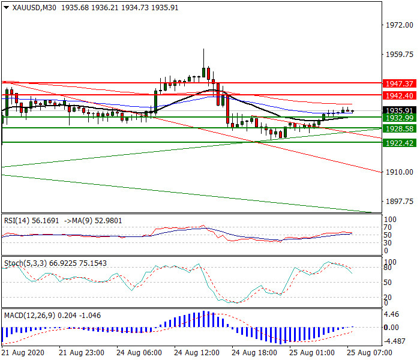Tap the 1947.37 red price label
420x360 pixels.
[399, 83]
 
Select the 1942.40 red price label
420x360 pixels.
[399, 95]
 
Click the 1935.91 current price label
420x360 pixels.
[399, 110]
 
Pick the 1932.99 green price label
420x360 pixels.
[399, 118]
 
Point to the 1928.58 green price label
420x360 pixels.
[399, 128]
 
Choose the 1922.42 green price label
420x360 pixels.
[399, 143]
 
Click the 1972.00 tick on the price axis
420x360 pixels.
[398, 25]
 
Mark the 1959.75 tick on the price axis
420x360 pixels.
[398, 55]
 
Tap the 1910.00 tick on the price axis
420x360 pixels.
[398, 172]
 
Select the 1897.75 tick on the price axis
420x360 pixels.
[398, 202]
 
